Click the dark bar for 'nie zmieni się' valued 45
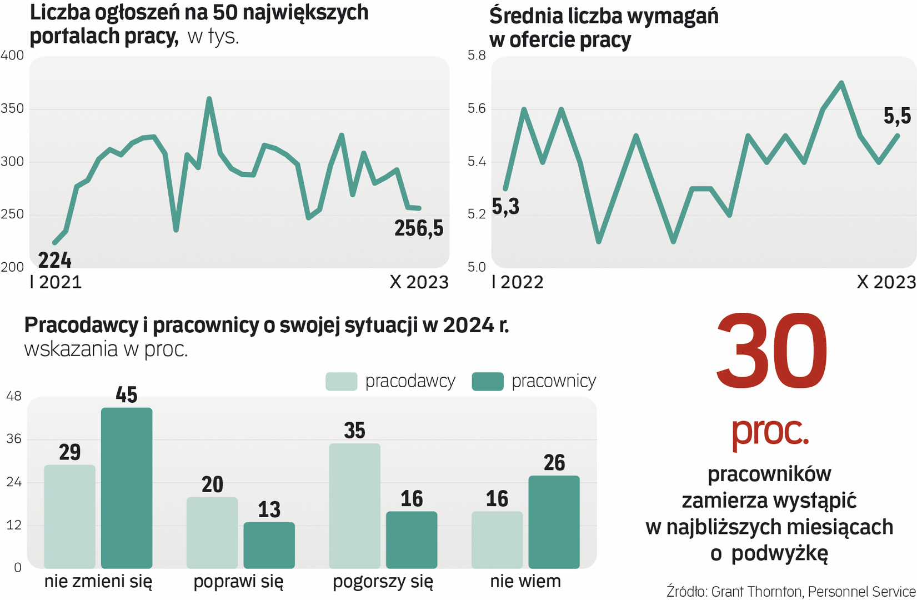[x=127, y=488]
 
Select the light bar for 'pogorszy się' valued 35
[x=354, y=506]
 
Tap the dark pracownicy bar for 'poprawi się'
[x=269, y=545]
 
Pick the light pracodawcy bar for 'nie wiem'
[x=497, y=539]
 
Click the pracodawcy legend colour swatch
[x=341, y=382]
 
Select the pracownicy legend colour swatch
[x=487, y=382]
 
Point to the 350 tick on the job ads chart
[x=12, y=108]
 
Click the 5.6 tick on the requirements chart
[x=477, y=108]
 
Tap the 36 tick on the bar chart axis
[x=14, y=439]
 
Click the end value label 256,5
[x=419, y=228]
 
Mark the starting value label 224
[x=54, y=260]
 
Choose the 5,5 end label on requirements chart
[x=897, y=116]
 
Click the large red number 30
[x=771, y=351]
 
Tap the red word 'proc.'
[x=770, y=432]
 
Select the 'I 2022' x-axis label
[x=517, y=282]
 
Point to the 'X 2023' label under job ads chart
[x=419, y=282]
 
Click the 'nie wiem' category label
[x=525, y=582]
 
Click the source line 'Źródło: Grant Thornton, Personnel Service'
[x=791, y=591]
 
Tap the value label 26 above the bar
[x=554, y=463]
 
